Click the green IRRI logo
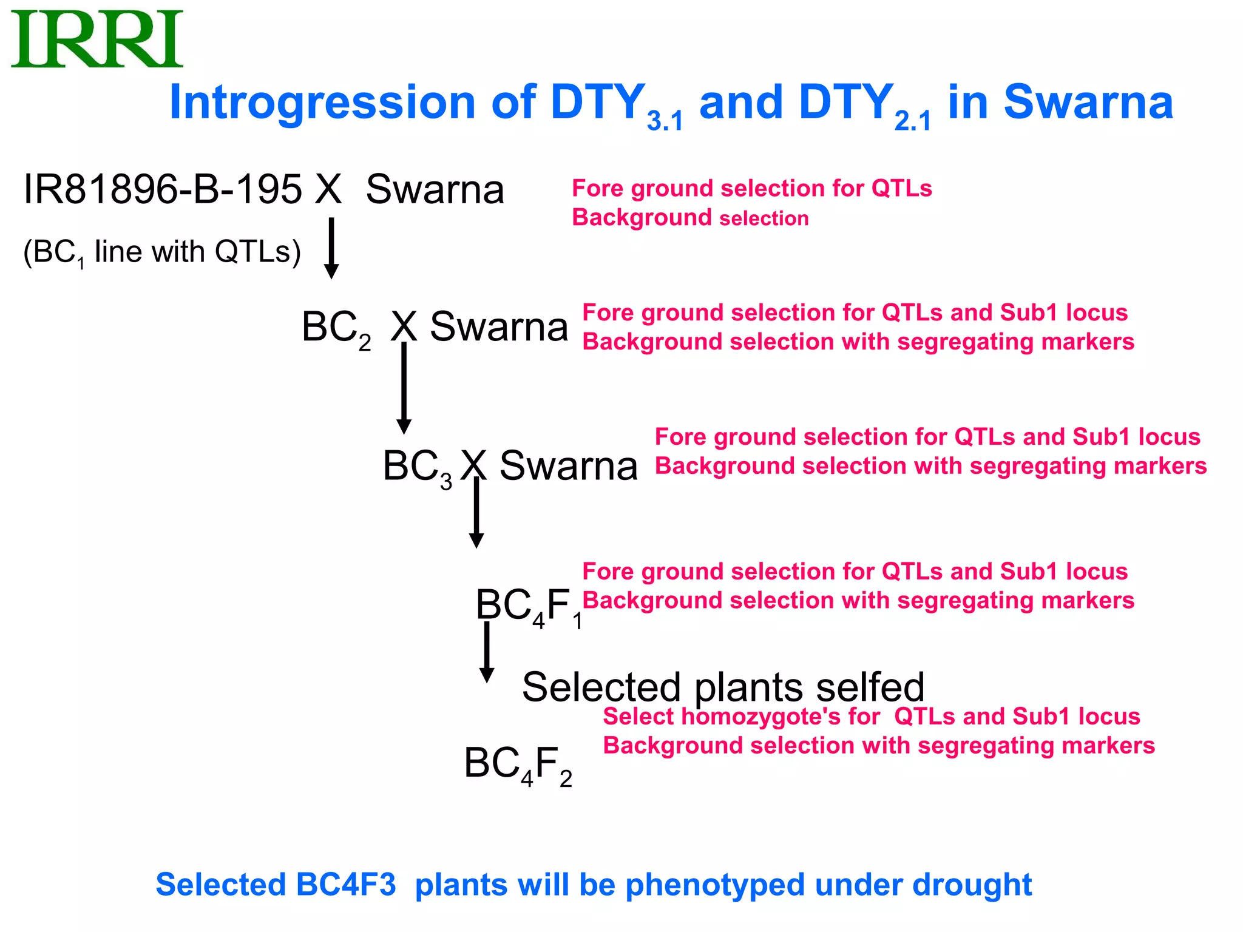[x=97, y=39]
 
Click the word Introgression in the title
[x=322, y=103]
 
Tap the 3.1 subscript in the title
[x=665, y=121]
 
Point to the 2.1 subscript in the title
[x=912, y=121]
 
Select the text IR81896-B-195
[x=163, y=189]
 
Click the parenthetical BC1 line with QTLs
[x=162, y=252]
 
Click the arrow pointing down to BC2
[x=331, y=249]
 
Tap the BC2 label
[x=336, y=328]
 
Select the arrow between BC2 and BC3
[x=404, y=388]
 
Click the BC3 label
[x=417, y=468]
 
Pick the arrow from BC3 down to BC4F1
[x=476, y=513]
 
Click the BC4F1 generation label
[x=528, y=606]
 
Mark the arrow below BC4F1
[x=487, y=653]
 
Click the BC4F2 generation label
[x=518, y=765]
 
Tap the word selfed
[x=870, y=687]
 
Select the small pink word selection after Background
[x=764, y=218]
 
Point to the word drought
[x=972, y=885]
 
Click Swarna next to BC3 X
[x=568, y=467]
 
